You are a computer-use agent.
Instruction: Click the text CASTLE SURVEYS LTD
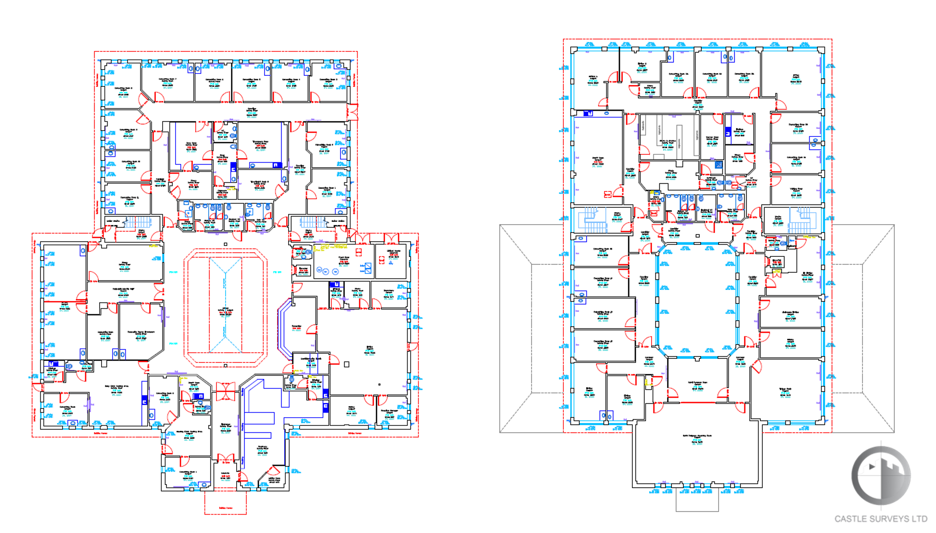[880, 519]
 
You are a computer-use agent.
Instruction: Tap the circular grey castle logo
[880, 475]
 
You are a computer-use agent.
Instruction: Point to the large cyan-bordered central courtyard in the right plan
[697, 301]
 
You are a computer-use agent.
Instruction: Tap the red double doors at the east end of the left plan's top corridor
[352, 111]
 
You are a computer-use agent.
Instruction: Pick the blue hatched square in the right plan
[719, 164]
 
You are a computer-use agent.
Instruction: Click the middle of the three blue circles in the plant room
[326, 271]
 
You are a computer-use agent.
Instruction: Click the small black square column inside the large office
[346, 364]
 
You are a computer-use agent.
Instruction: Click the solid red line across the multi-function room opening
[697, 403]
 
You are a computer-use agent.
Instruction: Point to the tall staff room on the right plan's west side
[598, 159]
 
